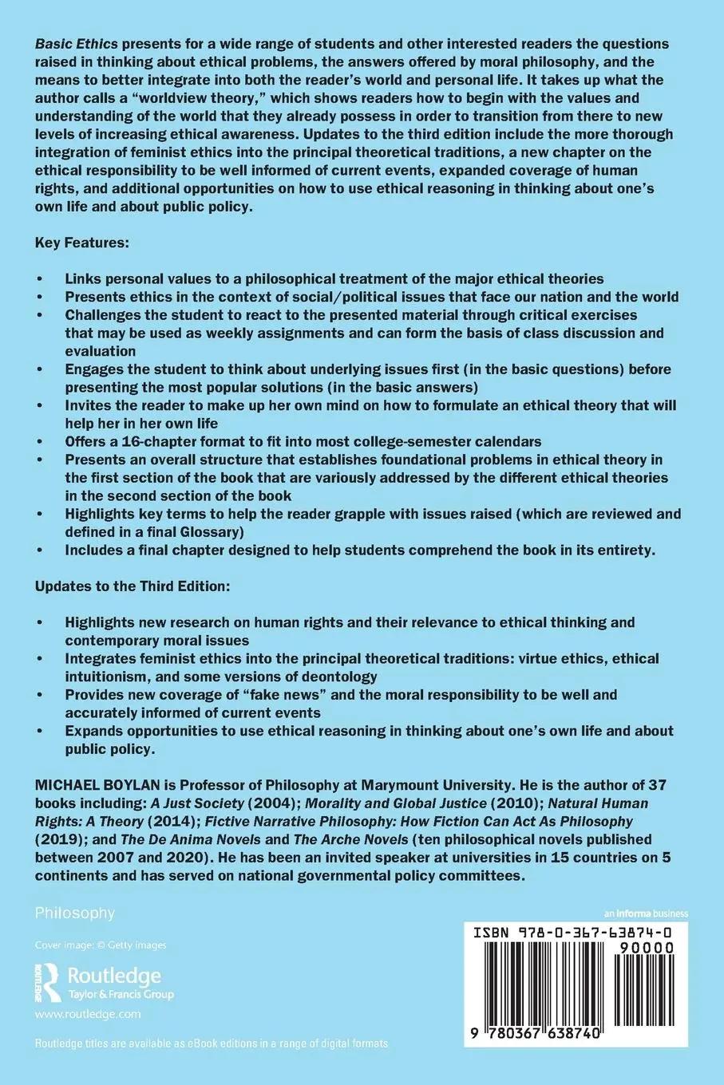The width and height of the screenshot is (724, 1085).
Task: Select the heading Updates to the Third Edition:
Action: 133,586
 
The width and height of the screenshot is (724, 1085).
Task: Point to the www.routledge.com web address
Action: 88,1014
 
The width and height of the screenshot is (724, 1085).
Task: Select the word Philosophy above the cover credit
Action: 75,913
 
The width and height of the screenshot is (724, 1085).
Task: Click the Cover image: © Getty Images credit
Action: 101,945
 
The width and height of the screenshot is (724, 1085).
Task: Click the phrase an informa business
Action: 646,913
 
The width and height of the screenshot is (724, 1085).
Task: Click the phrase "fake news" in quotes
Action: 253,695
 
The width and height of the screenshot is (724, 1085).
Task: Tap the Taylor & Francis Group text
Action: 121,994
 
